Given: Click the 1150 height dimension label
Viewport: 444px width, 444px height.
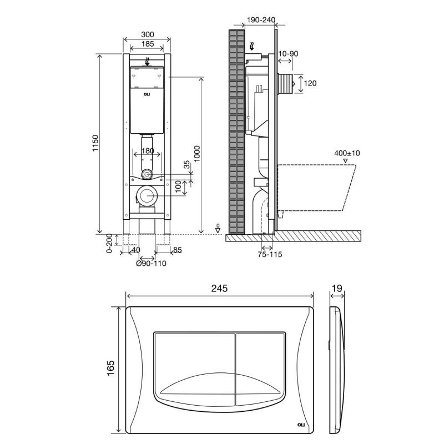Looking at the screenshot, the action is tap(95, 143).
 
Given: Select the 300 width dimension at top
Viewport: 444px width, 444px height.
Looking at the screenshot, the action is tap(148, 34).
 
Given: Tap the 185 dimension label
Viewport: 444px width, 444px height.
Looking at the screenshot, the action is tap(148, 44).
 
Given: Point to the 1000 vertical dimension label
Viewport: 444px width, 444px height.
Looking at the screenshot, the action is tap(197, 154).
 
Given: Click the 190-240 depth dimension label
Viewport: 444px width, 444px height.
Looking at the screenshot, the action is tap(261, 20).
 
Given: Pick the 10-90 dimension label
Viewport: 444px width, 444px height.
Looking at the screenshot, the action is tap(288, 53).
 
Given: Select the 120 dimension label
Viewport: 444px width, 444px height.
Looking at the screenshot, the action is tap(310, 83).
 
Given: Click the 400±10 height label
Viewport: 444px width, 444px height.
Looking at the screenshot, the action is tap(347, 153).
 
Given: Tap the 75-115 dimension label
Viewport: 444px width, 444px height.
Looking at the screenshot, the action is tap(270, 254).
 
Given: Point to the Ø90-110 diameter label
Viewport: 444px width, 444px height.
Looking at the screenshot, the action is tap(151, 263).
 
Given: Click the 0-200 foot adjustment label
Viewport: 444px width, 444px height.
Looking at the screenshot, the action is tap(109, 243).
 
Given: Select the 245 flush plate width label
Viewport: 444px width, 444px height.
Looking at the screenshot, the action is tap(219, 288).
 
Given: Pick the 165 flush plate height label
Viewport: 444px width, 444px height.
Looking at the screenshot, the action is tap(110, 368).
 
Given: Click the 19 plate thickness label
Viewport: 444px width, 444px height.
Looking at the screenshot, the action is tap(337, 288).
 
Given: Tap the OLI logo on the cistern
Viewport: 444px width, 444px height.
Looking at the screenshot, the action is tap(147, 94).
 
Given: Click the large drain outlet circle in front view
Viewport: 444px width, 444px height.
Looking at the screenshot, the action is tap(147, 196).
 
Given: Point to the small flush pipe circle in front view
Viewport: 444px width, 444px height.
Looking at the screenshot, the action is tap(147, 174).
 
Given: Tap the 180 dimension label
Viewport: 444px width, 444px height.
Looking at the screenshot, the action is tap(148, 151).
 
